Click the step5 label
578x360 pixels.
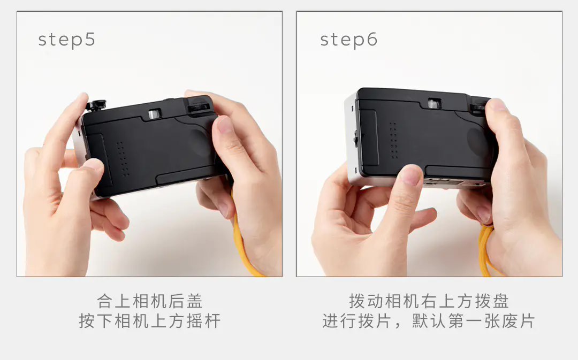coord(67,40)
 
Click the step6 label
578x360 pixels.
coord(349,40)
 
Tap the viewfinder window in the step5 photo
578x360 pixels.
coord(155,114)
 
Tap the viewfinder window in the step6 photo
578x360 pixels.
coord(435,104)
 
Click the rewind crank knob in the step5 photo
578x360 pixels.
coord(96,105)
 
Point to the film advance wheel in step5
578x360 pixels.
coord(199,108)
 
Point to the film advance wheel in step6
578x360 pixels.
coord(478,107)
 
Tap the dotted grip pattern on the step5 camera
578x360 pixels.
coord(123,158)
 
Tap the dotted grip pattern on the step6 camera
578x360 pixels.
coord(393,140)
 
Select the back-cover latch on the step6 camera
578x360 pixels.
coord(356,138)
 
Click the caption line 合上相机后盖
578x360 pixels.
coord(150,301)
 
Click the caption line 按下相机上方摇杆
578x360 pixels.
coord(150,320)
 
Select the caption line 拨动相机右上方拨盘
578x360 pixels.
coord(429,301)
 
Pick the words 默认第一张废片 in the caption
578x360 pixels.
coord(473,320)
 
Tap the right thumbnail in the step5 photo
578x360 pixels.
coord(224,124)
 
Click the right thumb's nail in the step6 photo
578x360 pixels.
coord(496,105)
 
